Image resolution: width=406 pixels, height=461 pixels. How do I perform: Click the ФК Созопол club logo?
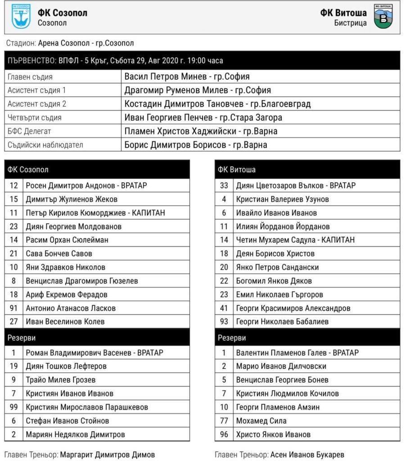click(x=21, y=17)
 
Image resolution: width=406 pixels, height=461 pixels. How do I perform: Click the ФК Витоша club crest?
click(x=383, y=17)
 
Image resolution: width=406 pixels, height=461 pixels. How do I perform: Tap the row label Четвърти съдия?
click(x=35, y=118)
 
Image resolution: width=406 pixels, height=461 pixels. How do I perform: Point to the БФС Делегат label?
click(x=29, y=131)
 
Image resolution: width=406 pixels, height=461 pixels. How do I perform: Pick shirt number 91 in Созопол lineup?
click(x=14, y=308)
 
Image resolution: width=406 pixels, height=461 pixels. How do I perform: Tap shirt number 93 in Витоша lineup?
click(x=224, y=321)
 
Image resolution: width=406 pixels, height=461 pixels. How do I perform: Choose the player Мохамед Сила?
click(x=261, y=421)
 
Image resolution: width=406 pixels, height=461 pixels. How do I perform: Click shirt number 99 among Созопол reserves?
click(x=14, y=407)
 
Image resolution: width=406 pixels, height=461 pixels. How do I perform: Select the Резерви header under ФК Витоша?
click(x=232, y=338)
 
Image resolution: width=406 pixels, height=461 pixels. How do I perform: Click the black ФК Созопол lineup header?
click(x=97, y=170)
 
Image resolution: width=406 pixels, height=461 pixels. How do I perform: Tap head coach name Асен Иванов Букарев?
click(x=307, y=455)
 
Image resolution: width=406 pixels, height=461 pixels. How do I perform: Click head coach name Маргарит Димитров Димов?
click(x=108, y=455)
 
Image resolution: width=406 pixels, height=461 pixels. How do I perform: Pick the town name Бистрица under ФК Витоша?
click(x=350, y=23)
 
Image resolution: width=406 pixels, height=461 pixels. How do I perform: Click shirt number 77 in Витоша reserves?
click(x=224, y=421)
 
